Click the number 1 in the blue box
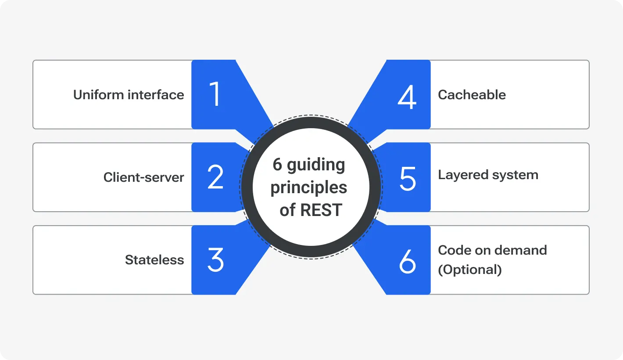[x=215, y=94]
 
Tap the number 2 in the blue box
[x=215, y=177]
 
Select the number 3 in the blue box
[x=215, y=259]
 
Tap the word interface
[x=157, y=95]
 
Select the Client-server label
[x=143, y=177]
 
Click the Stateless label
[x=154, y=260]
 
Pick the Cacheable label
[x=472, y=95]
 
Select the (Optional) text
[x=469, y=269]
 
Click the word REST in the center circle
[x=321, y=210]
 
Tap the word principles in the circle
[x=309, y=188]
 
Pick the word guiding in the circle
[x=316, y=165]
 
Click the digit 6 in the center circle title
[x=277, y=165]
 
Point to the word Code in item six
[x=455, y=250]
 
